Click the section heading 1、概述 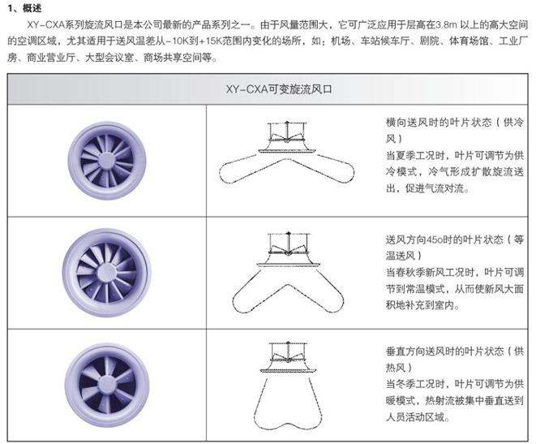pyautogui.click(x=24, y=8)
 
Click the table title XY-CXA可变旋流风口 pyautogui.click(x=279, y=89)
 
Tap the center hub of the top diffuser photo pyautogui.click(x=107, y=161)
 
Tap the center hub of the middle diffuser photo pyautogui.click(x=107, y=273)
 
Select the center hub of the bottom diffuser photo pyautogui.click(x=107, y=386)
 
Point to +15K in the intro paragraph pyautogui.click(x=210, y=41)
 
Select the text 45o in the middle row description pyautogui.click(x=435, y=239)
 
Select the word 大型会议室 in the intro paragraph pyautogui.click(x=109, y=58)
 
